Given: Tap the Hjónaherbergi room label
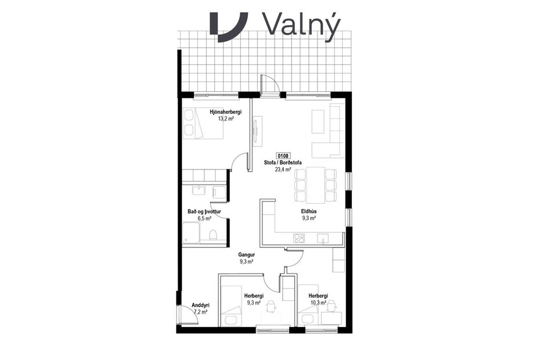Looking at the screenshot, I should tap(226, 111).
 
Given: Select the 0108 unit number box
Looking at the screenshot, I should tap(283, 156).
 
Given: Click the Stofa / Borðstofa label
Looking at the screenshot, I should tap(283, 163).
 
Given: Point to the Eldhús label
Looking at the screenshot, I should tap(308, 211).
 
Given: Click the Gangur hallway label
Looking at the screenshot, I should tap(247, 255).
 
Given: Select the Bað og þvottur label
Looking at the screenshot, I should tap(203, 212).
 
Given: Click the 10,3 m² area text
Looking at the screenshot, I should tap(318, 303).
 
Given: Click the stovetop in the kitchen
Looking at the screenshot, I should tap(299, 237).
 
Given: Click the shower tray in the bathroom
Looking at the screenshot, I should tap(191, 235).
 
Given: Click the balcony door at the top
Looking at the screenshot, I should tap(269, 86).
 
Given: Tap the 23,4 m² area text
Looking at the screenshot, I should tap(283, 170).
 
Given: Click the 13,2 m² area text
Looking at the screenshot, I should tap(226, 118).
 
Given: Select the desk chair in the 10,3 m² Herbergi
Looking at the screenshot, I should tap(331, 305).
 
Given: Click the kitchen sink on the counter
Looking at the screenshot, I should tap(323, 237).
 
